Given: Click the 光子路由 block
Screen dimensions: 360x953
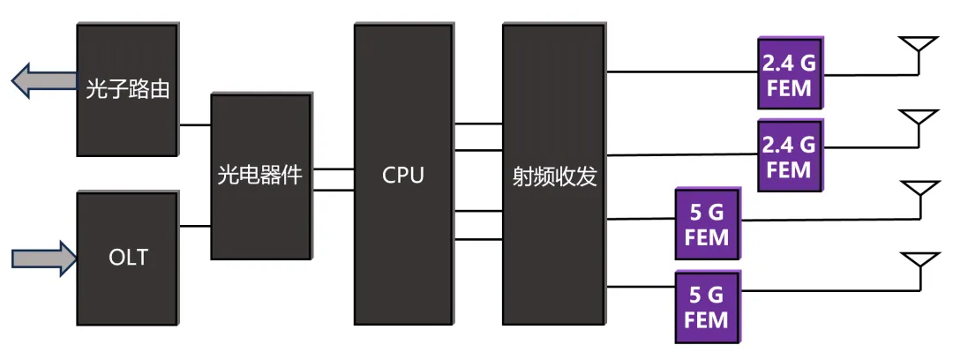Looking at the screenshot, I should tap(127, 88).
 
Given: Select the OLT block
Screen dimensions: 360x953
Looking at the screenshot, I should tap(127, 258).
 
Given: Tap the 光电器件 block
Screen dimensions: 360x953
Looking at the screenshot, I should tap(260, 176).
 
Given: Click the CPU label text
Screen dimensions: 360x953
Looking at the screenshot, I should tap(403, 176).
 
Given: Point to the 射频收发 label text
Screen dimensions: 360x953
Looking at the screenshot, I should tap(554, 176).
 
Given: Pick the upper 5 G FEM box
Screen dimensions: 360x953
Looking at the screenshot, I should tap(707, 224).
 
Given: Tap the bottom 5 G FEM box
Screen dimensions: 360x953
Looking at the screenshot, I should tap(707, 306).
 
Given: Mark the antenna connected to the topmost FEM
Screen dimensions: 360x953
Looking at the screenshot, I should tap(918, 49).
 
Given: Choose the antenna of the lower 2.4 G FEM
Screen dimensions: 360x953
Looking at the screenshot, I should tap(918, 122).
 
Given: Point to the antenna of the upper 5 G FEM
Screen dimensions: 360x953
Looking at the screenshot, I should tap(918, 193).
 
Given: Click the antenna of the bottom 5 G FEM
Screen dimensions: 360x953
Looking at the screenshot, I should tap(918, 264).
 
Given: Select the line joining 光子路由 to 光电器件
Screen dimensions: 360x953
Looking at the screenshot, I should tap(195, 125).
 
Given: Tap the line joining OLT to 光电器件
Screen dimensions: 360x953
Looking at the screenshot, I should tap(195, 226).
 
